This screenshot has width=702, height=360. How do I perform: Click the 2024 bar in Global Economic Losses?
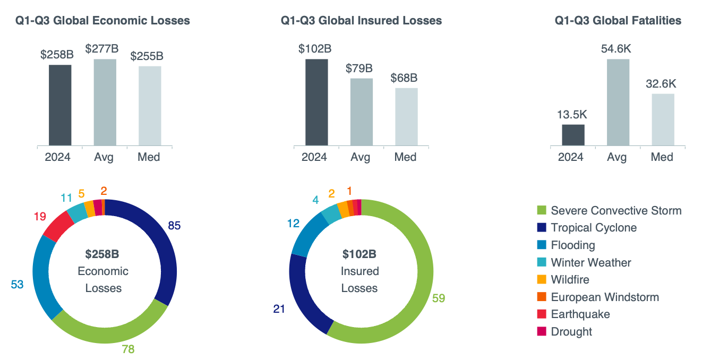pyautogui.click(x=60, y=105)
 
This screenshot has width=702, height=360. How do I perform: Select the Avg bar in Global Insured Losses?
pyautogui.click(x=361, y=112)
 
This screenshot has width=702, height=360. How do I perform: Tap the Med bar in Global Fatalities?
pyautogui.click(x=663, y=119)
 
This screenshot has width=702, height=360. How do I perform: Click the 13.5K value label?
pyautogui.click(x=573, y=115)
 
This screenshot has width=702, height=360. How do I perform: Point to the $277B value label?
pyautogui.click(x=102, y=49)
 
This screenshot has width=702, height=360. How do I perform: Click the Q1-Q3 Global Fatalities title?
pyautogui.click(x=618, y=21)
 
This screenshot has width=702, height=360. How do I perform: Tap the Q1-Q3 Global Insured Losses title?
pyautogui.click(x=361, y=21)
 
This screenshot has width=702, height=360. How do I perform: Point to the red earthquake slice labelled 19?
pyautogui.click(x=57, y=225)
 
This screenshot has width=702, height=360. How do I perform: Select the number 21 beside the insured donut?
pyautogui.click(x=279, y=308)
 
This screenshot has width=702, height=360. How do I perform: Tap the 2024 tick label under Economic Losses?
pyautogui.click(x=57, y=157)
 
